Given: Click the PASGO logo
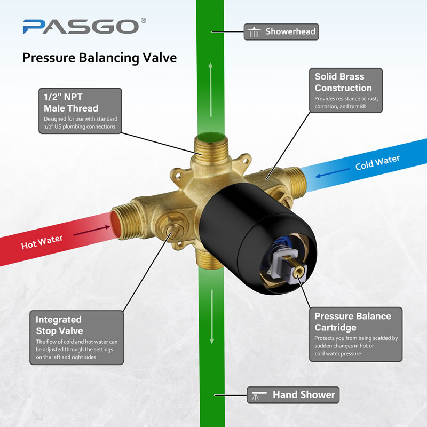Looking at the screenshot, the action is click(84, 26).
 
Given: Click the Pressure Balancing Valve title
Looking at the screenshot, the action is click(100, 58).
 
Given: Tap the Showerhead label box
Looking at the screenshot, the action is click(281, 32).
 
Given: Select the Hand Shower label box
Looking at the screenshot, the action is click(293, 394).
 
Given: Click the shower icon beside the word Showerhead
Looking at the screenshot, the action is click(254, 32).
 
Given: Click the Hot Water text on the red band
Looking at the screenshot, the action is click(42, 242).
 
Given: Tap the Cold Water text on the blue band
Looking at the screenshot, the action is click(377, 163).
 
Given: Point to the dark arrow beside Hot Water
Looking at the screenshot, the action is click(92, 231).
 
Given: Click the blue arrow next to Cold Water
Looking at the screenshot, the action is click(332, 173).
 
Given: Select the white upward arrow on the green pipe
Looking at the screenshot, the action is click(210, 90).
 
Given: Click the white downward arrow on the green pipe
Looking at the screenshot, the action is click(212, 317).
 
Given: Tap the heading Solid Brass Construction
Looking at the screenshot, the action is click(343, 82).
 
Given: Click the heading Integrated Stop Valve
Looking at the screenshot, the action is click(59, 325).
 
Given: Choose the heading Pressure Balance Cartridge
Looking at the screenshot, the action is click(353, 322).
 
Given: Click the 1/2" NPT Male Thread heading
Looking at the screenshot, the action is click(71, 102).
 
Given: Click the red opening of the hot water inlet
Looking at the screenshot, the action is click(114, 225).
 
